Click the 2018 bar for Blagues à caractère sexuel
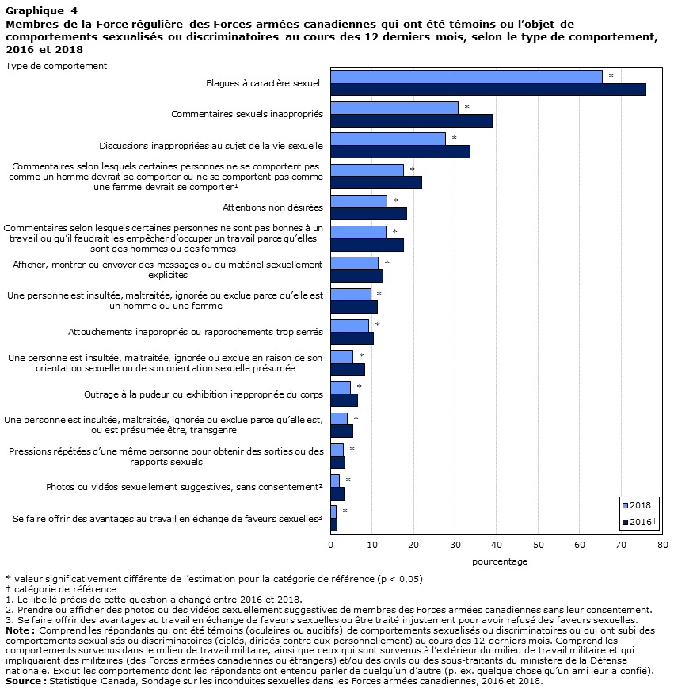[466, 77]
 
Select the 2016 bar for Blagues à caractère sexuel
[488, 89]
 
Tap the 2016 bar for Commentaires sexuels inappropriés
[411, 120]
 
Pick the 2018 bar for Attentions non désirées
[359, 201]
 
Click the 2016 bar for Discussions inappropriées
[400, 151]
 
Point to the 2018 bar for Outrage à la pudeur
[341, 387]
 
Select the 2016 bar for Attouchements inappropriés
[352, 338]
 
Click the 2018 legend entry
[637, 505]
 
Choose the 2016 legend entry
[639, 522]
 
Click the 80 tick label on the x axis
[662, 545]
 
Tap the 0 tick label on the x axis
[331, 545]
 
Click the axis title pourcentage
[500, 561]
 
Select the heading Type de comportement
[56, 66]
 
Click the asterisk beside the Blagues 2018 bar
[611, 77]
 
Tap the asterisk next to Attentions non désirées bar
[395, 201]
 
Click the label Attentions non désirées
[272, 207]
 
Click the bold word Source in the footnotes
[23, 681]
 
